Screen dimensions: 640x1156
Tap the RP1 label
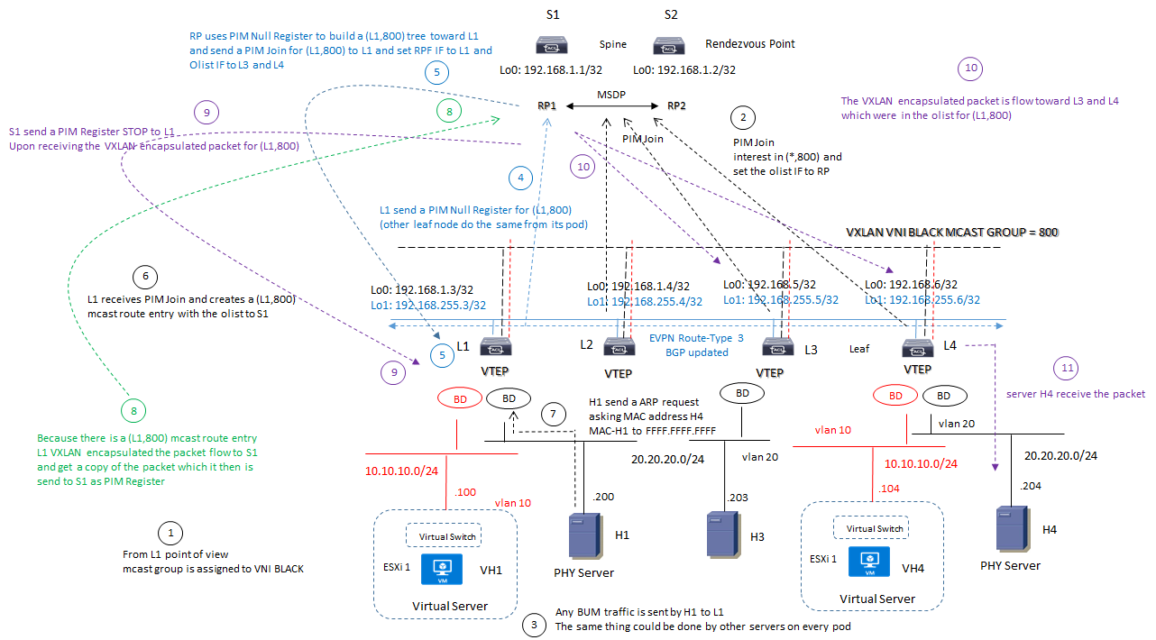coord(546,105)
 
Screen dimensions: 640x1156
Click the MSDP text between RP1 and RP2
coord(611,94)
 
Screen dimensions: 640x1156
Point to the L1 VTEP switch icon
coord(497,348)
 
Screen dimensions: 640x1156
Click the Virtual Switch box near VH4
coord(870,529)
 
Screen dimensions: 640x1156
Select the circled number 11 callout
coord(1067,368)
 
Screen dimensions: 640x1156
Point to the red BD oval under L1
coord(459,398)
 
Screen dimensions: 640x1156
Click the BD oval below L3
coord(741,393)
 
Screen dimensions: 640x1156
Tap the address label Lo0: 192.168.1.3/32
coord(422,289)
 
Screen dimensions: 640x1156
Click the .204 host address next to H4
coord(1032,486)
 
